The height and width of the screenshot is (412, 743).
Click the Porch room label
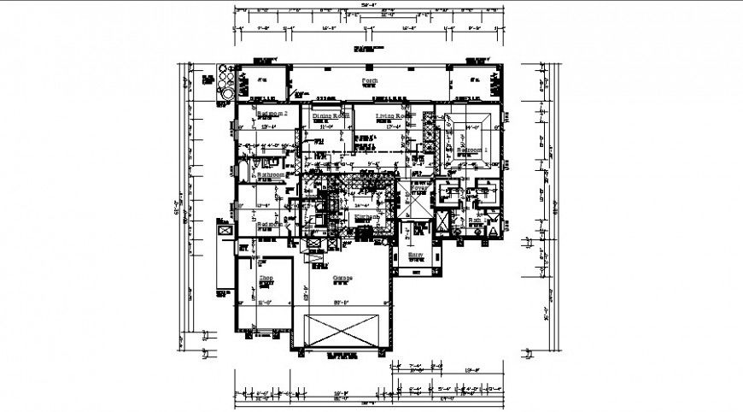369,79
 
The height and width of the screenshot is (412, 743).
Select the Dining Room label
331,115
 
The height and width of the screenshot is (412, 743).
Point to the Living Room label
383,115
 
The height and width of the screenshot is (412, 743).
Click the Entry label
416,254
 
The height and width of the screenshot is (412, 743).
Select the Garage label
342,279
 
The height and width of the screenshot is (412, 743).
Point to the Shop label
266,277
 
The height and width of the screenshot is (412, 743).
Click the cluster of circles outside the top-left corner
225,84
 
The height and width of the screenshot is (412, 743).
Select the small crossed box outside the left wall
225,228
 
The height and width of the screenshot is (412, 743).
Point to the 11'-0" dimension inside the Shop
266,302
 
